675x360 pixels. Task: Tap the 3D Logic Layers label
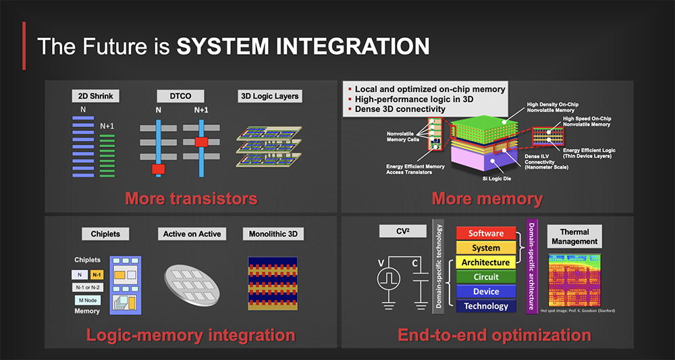click(x=269, y=97)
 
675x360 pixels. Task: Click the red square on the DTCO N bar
click(x=159, y=168)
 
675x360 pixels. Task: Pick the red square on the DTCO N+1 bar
click(x=200, y=142)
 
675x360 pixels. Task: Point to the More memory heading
click(x=487, y=199)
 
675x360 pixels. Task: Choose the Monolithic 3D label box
click(x=273, y=234)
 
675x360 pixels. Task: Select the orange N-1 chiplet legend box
click(x=97, y=275)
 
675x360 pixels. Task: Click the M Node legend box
click(x=87, y=299)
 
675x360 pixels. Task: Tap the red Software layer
click(x=486, y=234)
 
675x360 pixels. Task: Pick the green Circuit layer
click(x=486, y=277)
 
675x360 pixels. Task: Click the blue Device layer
click(x=486, y=291)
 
